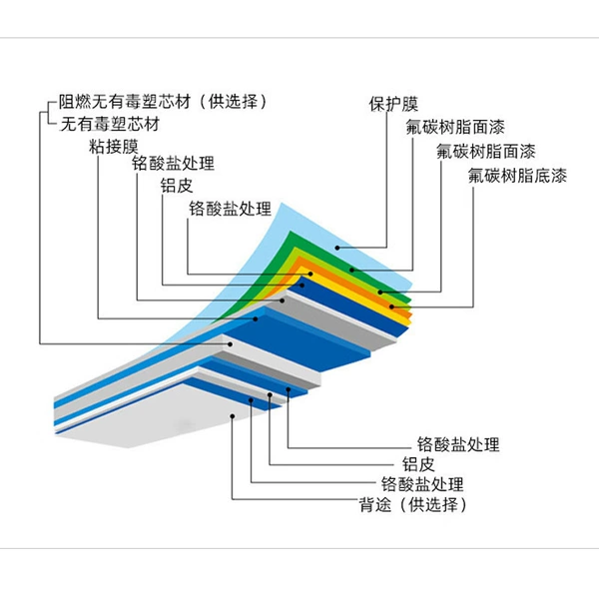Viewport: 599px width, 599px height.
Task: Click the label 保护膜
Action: pos(393,104)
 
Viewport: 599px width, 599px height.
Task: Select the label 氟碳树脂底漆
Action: pos(517,176)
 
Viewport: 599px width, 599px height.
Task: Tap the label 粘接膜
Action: pos(114,147)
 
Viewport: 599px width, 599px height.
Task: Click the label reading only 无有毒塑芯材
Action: pos(110,124)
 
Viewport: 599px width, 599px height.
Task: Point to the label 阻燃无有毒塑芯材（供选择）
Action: pos(163,102)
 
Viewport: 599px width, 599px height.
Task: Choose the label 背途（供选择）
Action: pos(413,504)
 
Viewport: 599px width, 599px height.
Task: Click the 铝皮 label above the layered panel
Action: pos(177,186)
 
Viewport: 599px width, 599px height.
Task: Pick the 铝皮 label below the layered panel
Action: pos(418,464)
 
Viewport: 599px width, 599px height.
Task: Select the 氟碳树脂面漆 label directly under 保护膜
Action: pos(455,127)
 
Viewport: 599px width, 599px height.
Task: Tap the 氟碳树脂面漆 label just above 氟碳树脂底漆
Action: pos(486,152)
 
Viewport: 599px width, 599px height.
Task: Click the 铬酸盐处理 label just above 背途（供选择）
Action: pos(422,484)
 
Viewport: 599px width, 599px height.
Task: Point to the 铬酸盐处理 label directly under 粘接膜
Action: pos(173,163)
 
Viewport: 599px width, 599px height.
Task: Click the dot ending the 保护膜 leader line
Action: pos(337,248)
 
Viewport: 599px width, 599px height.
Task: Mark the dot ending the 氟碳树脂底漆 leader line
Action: pos(391,306)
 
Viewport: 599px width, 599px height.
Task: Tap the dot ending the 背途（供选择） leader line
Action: pos(233,416)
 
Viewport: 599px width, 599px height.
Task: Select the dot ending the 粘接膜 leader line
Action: pos(257,318)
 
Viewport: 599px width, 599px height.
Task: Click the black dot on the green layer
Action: pos(351,271)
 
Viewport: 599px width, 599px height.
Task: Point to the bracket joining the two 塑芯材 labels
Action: pos(48,113)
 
